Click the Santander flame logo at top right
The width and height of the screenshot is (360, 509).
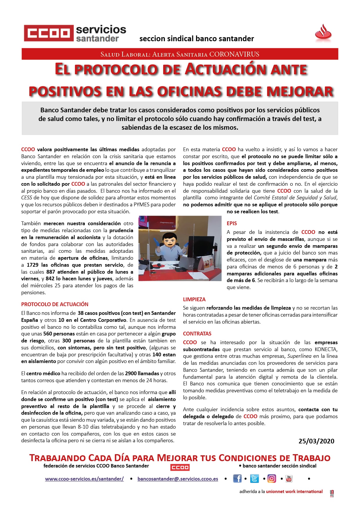coord(323,32)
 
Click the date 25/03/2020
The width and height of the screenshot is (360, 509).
coord(316,441)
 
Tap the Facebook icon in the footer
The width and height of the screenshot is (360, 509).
coord(237,479)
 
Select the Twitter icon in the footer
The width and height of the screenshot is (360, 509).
coord(254,479)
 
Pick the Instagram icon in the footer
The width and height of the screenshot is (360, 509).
coord(272,479)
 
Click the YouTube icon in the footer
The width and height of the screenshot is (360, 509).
coord(289,479)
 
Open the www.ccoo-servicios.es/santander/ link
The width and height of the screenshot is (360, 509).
coord(84,479)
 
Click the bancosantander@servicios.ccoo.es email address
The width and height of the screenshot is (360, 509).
coord(178,479)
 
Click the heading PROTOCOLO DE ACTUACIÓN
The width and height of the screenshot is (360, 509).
coord(55,304)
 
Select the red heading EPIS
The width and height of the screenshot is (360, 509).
coord(232,223)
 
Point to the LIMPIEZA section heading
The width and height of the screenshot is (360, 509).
coord(194,299)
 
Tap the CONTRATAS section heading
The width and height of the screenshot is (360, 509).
coord(197,334)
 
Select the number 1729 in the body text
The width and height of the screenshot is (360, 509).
coord(33,265)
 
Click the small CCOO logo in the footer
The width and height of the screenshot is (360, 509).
coord(180,467)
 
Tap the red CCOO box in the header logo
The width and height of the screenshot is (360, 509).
coord(48,33)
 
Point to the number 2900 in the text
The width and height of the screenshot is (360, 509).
coord(131,373)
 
